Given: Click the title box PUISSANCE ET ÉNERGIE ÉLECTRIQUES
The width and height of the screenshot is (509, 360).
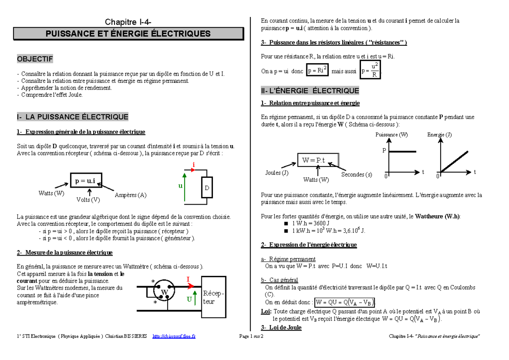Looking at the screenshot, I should click(x=128, y=34).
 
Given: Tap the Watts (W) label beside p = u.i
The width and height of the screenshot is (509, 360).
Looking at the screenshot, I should click(x=51, y=194).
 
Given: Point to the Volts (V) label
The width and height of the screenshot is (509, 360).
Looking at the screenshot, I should click(x=88, y=200).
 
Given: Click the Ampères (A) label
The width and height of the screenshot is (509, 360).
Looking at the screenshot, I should click(x=131, y=195).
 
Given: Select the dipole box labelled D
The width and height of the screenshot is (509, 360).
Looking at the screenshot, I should click(x=207, y=188).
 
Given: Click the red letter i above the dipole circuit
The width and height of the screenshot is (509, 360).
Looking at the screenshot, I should click(x=193, y=164).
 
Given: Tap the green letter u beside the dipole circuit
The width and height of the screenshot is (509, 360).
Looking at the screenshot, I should click(x=180, y=186).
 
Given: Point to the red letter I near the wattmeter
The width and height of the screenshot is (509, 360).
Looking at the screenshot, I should click(x=187, y=279).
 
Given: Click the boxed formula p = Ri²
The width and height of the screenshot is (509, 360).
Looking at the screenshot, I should click(x=318, y=71).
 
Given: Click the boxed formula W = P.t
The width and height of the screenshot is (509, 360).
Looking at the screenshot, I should click(x=313, y=160).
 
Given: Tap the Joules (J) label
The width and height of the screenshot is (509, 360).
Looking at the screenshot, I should click(x=277, y=173).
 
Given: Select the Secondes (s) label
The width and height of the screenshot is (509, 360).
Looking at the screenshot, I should click(x=356, y=174).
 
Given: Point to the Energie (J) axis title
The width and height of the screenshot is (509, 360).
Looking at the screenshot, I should click(x=439, y=135).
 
